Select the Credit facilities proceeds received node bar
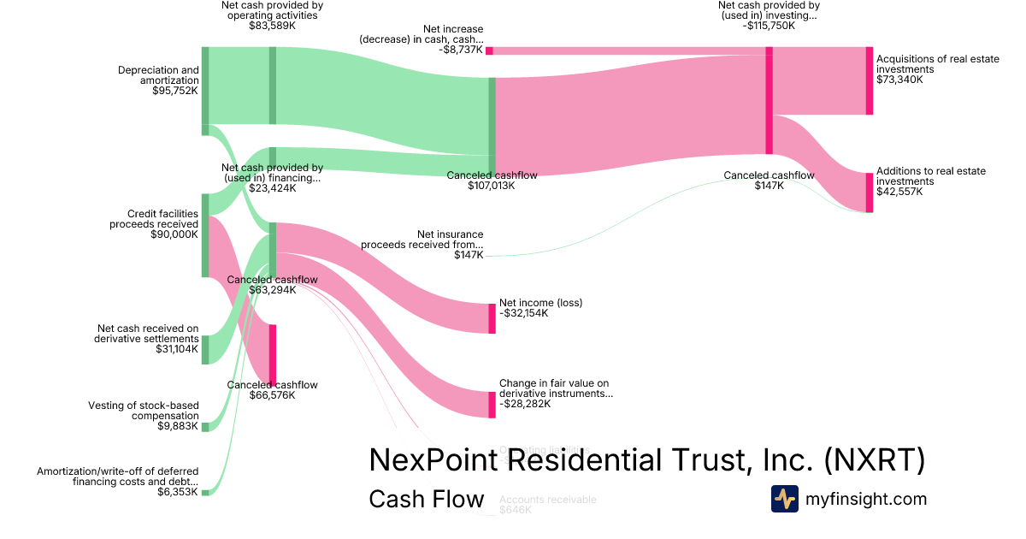(x=205, y=234)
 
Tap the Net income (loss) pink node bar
(x=492, y=318)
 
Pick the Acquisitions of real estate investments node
(x=870, y=81)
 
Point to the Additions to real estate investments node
(x=870, y=192)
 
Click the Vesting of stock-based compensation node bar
(x=205, y=426)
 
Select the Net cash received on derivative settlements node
(x=205, y=350)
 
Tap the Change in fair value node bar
(x=492, y=405)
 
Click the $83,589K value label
(x=272, y=26)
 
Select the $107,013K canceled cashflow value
(x=492, y=186)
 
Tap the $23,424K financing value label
(x=272, y=188)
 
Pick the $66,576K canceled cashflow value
(x=272, y=395)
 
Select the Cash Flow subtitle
(x=426, y=499)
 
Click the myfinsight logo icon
(x=785, y=499)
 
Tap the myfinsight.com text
(x=865, y=499)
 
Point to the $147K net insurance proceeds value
(x=469, y=255)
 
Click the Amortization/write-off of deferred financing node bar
(x=205, y=492)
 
